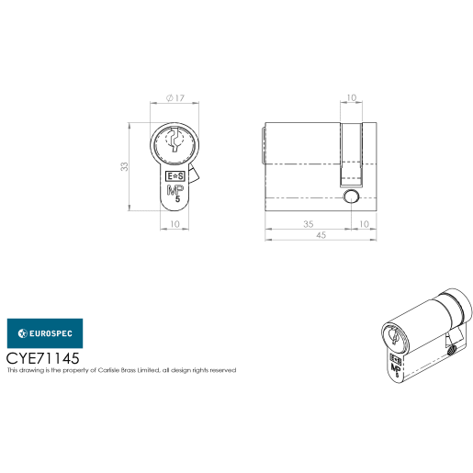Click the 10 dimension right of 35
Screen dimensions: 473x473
coord(364,223)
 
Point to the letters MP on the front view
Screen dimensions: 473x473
coord(174,191)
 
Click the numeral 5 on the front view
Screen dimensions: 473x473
coord(177,204)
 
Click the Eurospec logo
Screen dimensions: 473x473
coord(44,332)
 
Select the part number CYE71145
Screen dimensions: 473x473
coord(43,357)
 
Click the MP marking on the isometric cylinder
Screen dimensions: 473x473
coord(395,365)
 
